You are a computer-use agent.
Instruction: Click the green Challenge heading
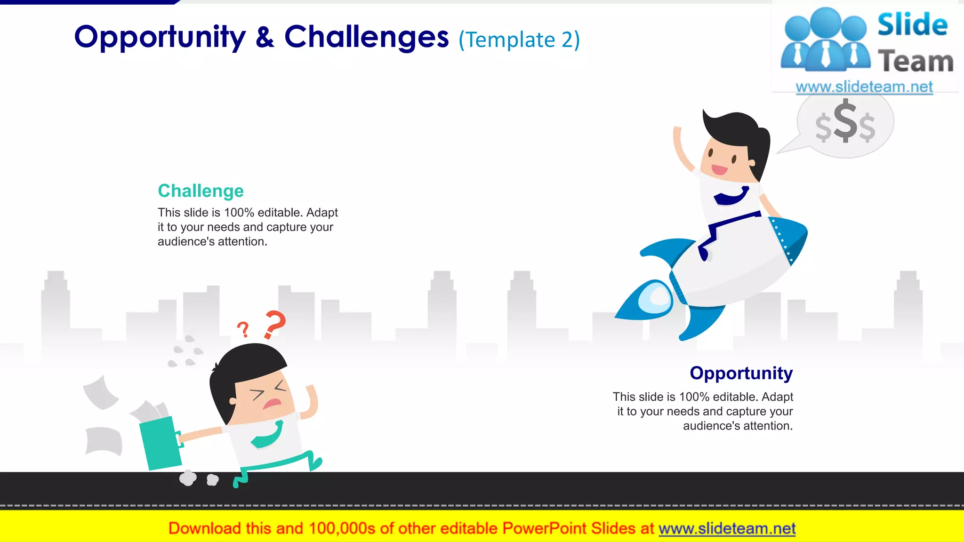pyautogui.click(x=201, y=191)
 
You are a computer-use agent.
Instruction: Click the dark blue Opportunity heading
pyautogui.click(x=741, y=373)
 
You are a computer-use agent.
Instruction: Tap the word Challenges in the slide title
pyautogui.click(x=366, y=38)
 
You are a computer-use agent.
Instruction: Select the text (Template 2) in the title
pyautogui.click(x=519, y=40)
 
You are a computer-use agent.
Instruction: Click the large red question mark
pyautogui.click(x=275, y=324)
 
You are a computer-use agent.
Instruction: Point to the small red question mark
pyautogui.click(x=243, y=329)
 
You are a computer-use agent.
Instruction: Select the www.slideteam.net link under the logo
pyautogui.click(x=864, y=87)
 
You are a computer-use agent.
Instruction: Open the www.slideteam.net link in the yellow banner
pyautogui.click(x=727, y=529)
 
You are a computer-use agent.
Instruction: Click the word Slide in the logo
pyautogui.click(x=912, y=25)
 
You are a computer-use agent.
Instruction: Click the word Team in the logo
pyautogui.click(x=916, y=62)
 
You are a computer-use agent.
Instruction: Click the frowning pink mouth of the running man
pyautogui.click(x=272, y=403)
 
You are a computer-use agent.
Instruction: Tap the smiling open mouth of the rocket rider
pyautogui.click(x=719, y=169)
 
